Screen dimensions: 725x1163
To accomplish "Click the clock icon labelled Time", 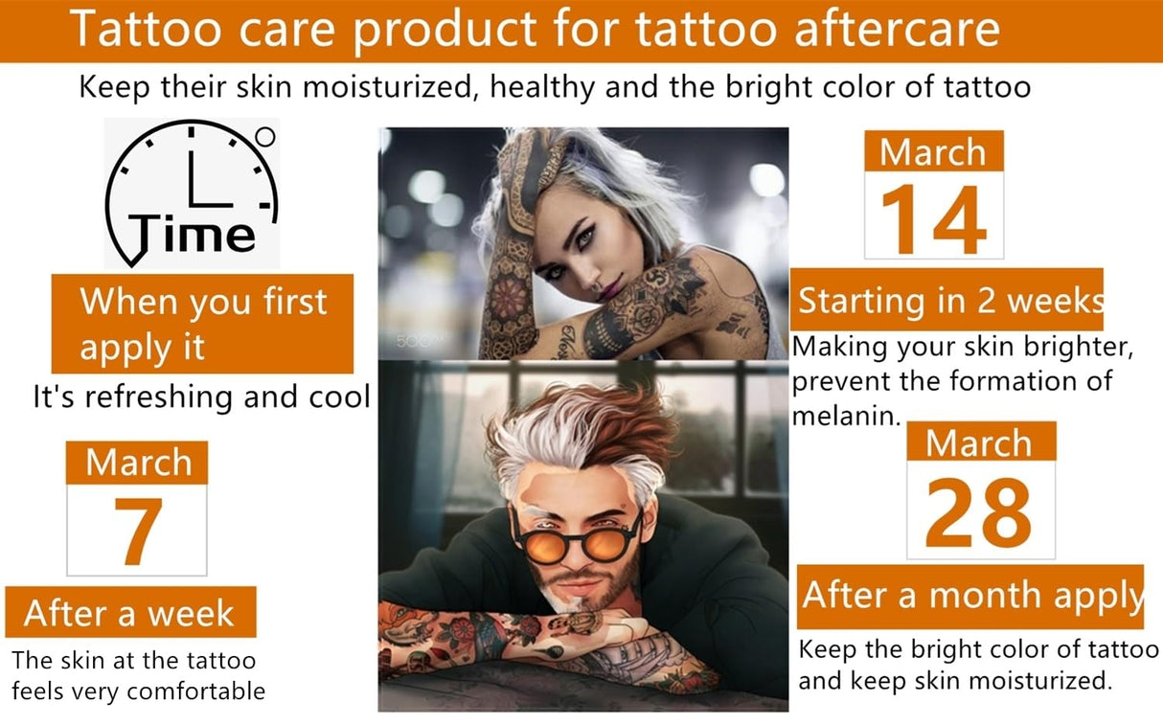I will [x=192, y=192].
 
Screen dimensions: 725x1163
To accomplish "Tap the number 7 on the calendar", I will [x=136, y=532].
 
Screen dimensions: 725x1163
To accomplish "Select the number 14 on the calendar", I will [x=933, y=219].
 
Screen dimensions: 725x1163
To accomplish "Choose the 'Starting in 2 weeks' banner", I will [x=949, y=300].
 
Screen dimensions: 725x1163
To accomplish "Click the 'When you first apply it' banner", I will [x=202, y=324].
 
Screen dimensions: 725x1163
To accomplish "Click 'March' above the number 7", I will [x=136, y=464].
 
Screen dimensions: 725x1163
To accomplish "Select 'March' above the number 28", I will [x=979, y=443].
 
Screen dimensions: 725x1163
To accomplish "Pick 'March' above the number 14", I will [x=933, y=152].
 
